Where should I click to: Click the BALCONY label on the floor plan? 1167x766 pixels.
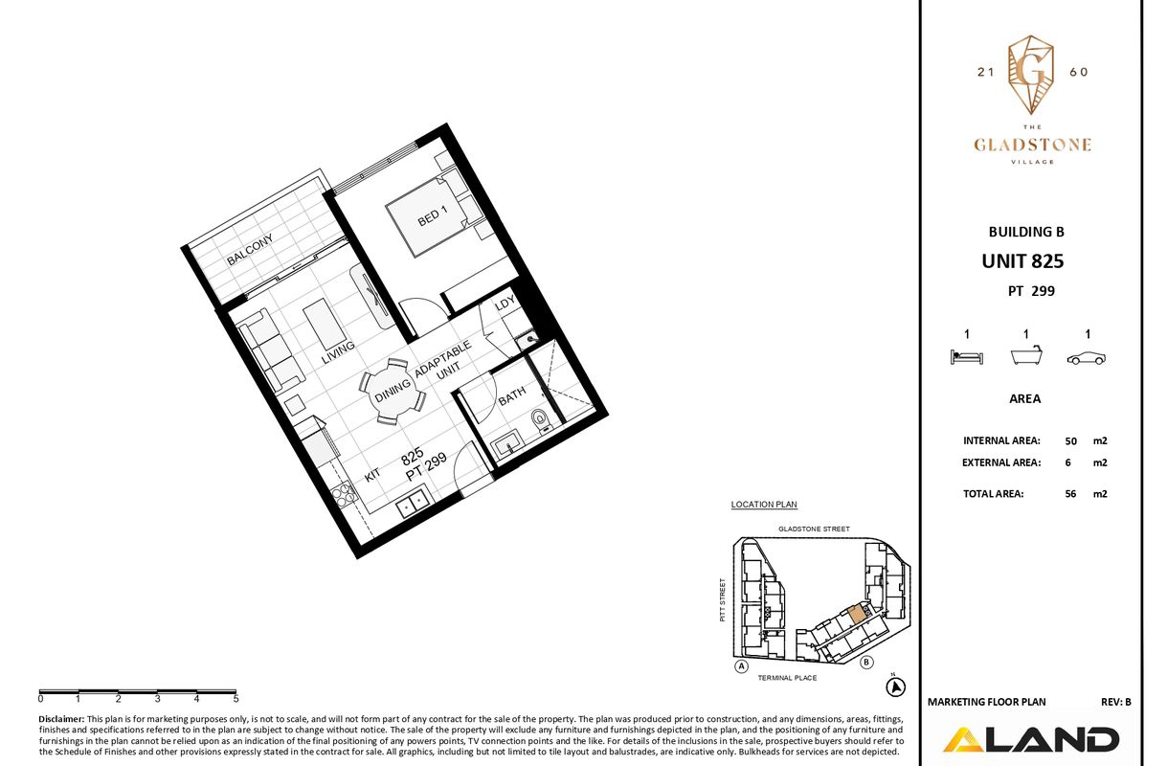250,250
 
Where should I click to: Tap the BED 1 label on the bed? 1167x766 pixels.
433,215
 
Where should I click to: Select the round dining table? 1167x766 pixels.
393,391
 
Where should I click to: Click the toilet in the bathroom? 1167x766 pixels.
541,422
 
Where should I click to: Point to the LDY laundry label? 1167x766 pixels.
505,303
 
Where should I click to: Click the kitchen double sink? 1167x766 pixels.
412,502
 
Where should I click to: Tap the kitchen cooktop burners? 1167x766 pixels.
345,496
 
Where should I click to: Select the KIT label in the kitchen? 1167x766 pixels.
372,475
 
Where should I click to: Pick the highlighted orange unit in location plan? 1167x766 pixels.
858,615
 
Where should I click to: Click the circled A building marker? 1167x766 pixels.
741,666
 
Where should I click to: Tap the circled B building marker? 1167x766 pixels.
866,663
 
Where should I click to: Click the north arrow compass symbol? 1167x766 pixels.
895,687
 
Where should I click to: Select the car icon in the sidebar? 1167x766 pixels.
1087,358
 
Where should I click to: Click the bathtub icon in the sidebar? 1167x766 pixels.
1026,355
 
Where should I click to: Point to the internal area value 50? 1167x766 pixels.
1070,441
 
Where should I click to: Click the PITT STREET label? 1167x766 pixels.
723,599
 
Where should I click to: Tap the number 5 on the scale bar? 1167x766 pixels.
236,699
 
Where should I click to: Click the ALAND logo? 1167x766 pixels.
1031,740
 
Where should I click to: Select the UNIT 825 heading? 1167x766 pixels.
1022,261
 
